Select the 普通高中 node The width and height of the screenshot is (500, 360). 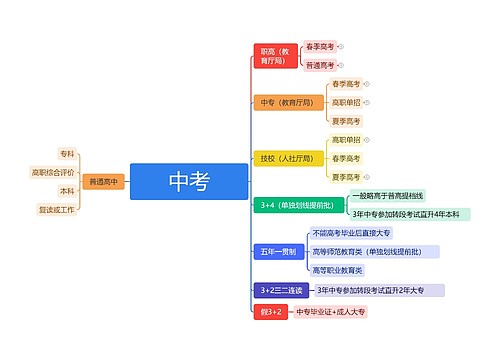[x=103, y=182]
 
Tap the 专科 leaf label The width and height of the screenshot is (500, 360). [x=67, y=154]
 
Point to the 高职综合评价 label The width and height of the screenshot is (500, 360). [x=54, y=172]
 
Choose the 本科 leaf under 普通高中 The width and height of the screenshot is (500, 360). [x=67, y=191]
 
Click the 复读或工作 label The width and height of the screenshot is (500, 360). [x=57, y=210]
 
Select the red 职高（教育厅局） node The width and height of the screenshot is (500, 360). [x=274, y=55]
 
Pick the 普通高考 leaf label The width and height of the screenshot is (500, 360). [x=320, y=65]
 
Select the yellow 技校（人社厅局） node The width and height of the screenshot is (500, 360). [x=286, y=158]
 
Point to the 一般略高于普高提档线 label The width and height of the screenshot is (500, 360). [x=388, y=195]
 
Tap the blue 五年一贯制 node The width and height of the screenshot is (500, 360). [x=276, y=251]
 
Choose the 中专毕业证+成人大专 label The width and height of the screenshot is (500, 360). [x=331, y=312]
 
